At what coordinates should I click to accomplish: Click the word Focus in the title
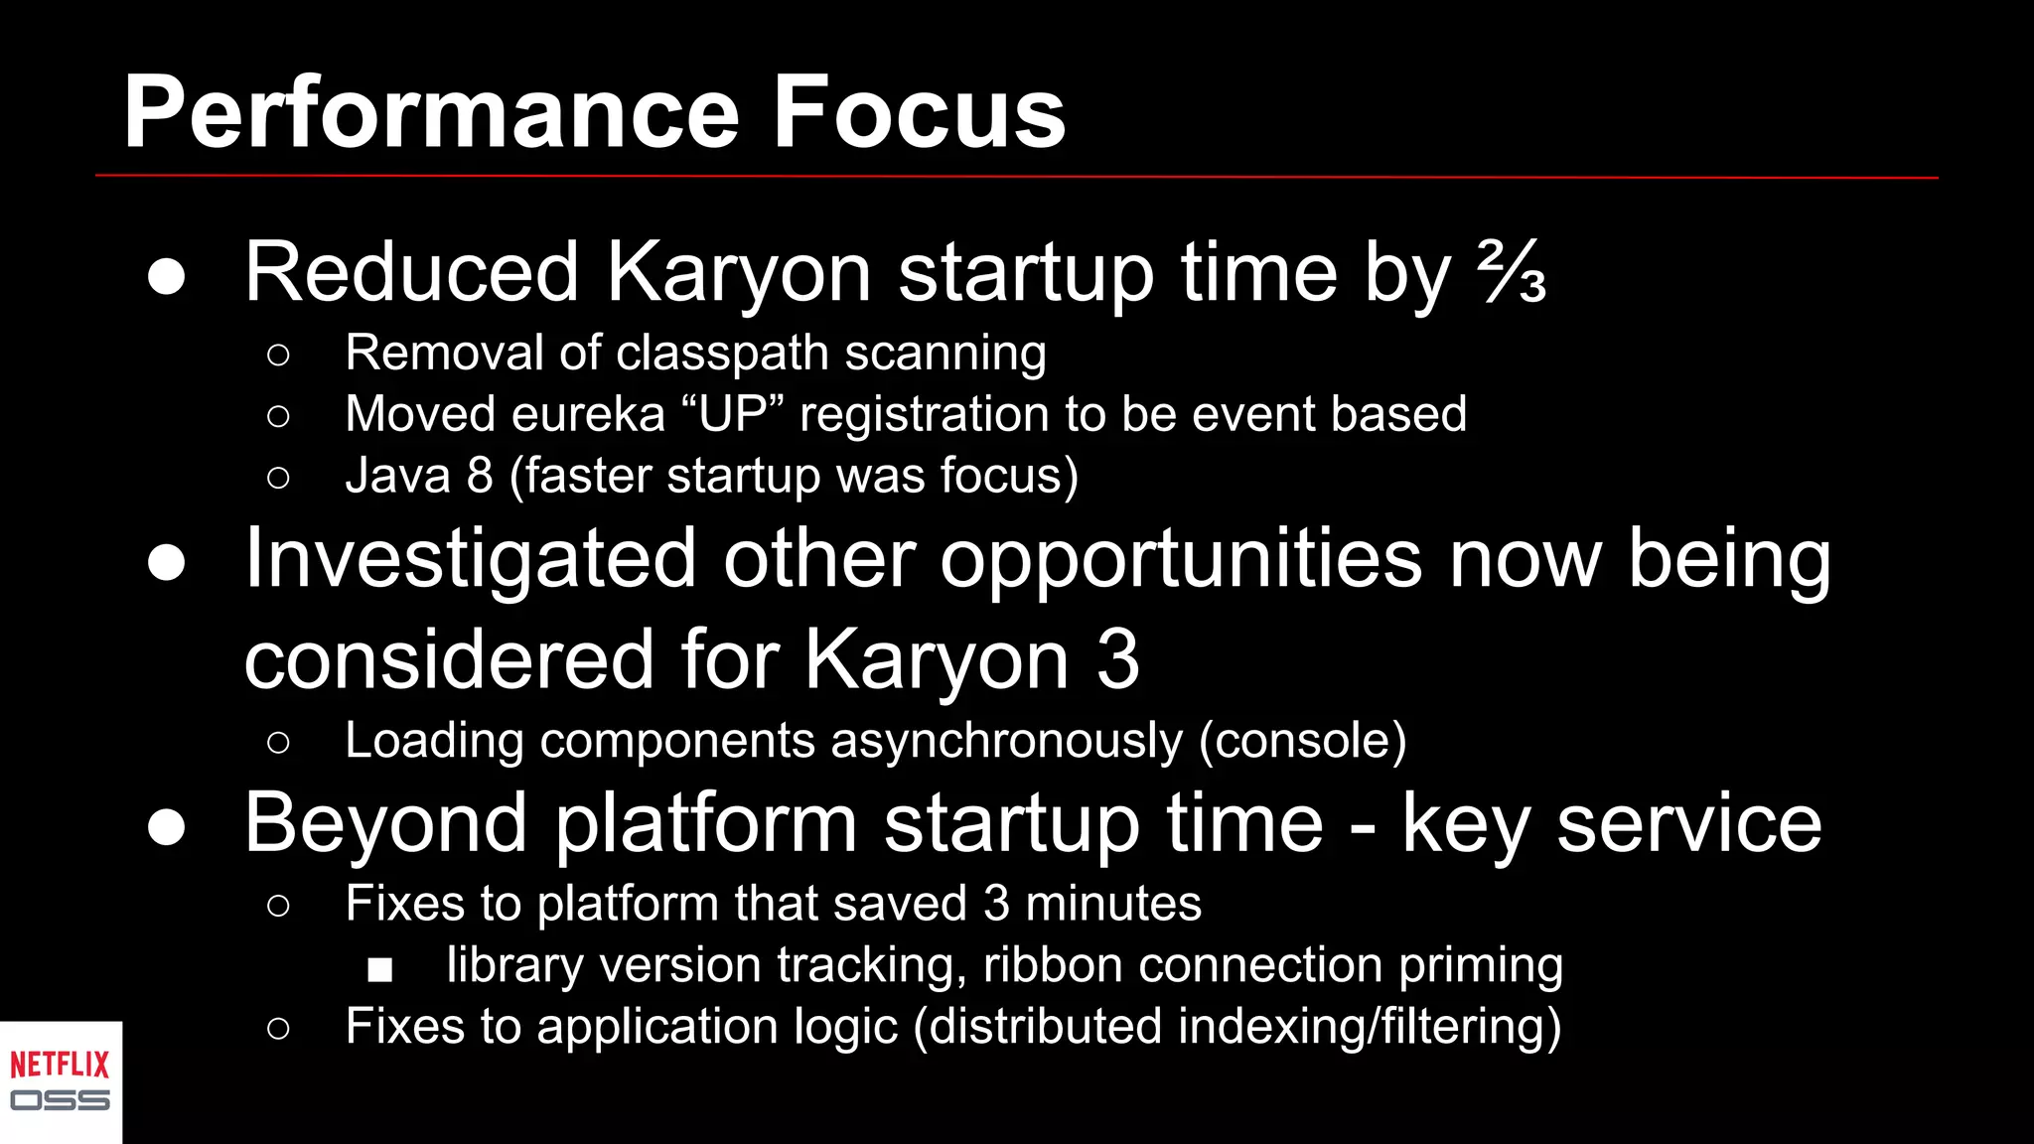[918, 114]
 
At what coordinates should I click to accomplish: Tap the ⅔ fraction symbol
[1511, 272]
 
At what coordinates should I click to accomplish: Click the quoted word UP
[734, 414]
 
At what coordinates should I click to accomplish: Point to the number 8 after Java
[480, 476]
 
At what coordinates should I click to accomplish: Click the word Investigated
[470, 560]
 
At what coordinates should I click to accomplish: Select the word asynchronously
[1006, 741]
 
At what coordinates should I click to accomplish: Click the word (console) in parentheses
[1302, 741]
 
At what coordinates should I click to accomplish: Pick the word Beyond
[385, 823]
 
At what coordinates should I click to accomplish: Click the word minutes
[1112, 904]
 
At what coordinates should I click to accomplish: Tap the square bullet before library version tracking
[379, 969]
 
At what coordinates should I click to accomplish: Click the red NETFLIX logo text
[60, 1066]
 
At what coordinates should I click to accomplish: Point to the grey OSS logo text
[60, 1100]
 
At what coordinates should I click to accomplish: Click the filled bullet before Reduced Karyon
[166, 276]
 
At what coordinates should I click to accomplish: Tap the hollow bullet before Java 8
[278, 478]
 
